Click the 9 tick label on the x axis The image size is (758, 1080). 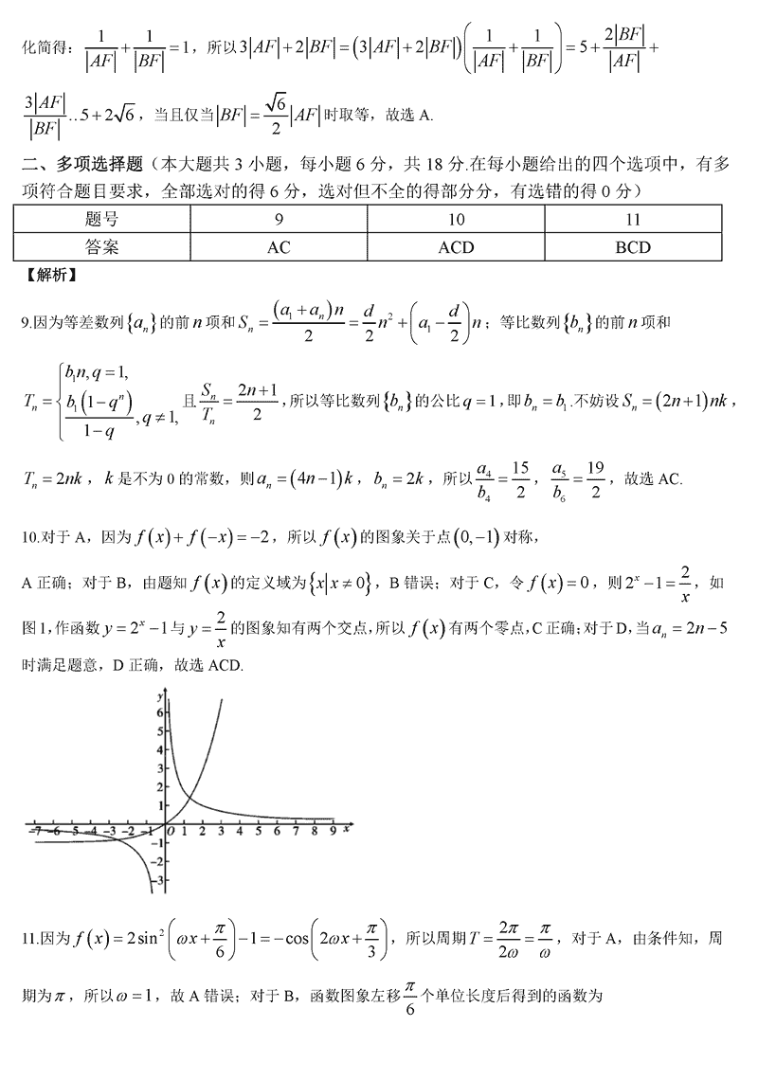332,832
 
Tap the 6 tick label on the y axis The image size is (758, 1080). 162,711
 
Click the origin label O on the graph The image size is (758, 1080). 170,832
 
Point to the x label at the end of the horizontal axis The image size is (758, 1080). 348,829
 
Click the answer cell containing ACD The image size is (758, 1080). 456,248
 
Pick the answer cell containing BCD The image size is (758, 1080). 633,248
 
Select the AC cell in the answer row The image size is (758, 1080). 279,248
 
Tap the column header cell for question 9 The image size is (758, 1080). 279,221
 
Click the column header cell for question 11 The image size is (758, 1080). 633,221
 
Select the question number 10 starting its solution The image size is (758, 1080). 27,538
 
